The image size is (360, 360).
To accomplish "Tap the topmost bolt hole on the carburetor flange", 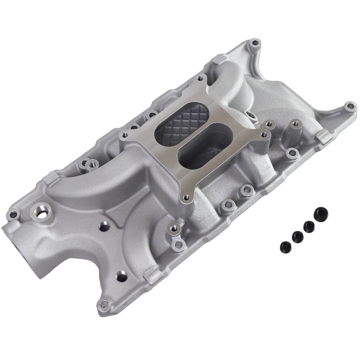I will point(200,79).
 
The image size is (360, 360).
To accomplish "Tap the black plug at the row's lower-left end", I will point(285,246).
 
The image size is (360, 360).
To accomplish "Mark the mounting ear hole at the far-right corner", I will point(349,106).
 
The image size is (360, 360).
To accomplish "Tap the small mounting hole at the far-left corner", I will point(14,214).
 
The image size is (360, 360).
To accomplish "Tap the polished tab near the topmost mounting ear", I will point(219,59).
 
